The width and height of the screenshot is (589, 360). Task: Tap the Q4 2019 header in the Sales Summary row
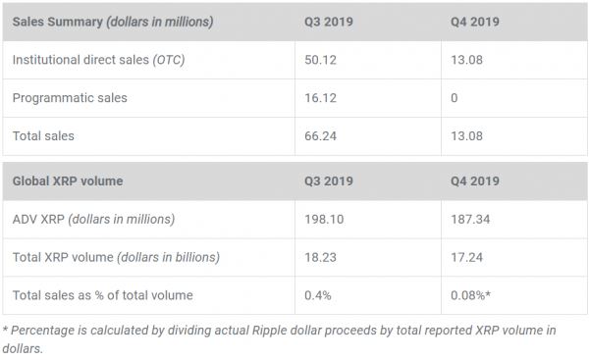tap(473, 22)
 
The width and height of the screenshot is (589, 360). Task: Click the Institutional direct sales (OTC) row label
tap(98, 60)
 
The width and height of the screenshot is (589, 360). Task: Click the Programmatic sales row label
tap(70, 98)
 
